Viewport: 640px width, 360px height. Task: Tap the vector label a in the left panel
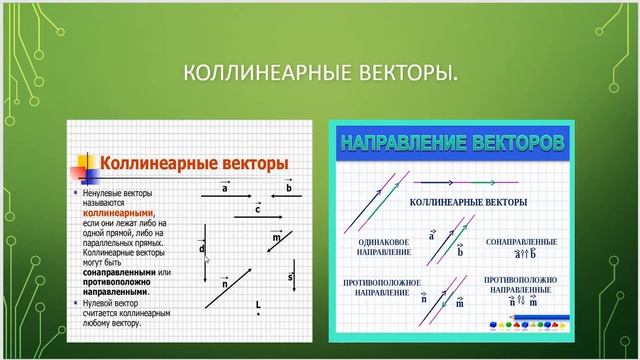coord(224,187)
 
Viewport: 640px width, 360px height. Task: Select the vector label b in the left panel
coord(288,187)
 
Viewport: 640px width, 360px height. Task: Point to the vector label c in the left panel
coord(257,209)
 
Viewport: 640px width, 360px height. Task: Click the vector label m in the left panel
coord(276,238)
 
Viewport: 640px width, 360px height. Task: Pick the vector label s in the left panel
coord(289,276)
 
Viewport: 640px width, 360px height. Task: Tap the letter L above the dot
coord(258,303)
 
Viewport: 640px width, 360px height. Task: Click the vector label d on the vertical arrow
coord(202,248)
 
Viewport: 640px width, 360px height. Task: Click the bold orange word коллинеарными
coord(118,212)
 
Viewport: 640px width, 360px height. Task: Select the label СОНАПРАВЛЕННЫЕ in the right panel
coord(520,242)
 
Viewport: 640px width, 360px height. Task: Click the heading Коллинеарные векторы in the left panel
coord(196,163)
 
